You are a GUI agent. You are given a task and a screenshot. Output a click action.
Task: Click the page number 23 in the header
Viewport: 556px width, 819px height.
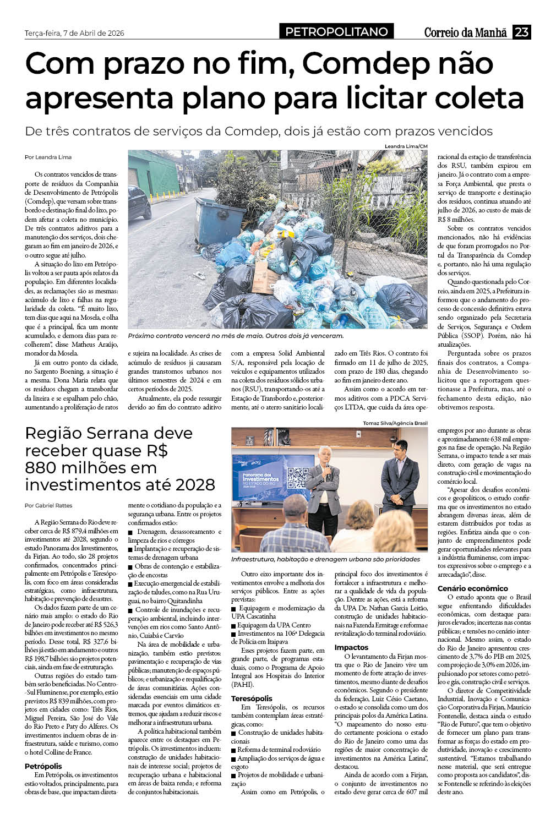pyautogui.click(x=521, y=32)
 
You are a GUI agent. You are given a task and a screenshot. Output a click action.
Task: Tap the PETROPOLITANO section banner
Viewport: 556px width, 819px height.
pyautogui.click(x=336, y=32)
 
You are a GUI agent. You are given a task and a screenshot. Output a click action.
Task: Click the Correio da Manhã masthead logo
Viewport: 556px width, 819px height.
pyautogui.click(x=465, y=32)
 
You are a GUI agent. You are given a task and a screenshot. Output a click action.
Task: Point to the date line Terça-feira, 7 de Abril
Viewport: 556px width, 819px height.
pyautogui.click(x=74, y=33)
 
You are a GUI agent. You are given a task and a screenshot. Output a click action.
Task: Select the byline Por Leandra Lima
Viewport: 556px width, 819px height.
pyautogui.click(x=48, y=157)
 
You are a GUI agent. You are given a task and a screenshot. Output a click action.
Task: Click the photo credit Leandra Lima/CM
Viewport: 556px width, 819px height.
pyautogui.click(x=406, y=146)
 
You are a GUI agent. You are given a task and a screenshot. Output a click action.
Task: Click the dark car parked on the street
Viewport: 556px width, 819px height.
pyautogui.click(x=139, y=202)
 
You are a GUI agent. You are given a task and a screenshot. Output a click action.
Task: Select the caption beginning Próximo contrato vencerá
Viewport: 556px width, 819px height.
pyautogui.click(x=235, y=335)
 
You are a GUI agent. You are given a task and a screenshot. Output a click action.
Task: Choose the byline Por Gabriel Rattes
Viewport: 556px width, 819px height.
pyautogui.click(x=48, y=505)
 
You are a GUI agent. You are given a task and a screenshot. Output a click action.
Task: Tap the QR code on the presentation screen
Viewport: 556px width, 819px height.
pyautogui.click(x=297, y=477)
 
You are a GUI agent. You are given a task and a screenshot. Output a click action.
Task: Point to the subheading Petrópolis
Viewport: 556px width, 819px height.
pyautogui.click(x=43, y=766)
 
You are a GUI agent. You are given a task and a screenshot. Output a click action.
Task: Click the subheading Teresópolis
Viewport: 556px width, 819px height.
pyautogui.click(x=252, y=698)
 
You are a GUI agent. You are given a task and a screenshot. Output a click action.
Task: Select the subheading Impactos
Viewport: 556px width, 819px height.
pyautogui.click(x=351, y=648)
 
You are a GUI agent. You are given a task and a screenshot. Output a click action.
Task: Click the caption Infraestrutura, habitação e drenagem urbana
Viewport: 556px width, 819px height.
pyautogui.click(x=325, y=559)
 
